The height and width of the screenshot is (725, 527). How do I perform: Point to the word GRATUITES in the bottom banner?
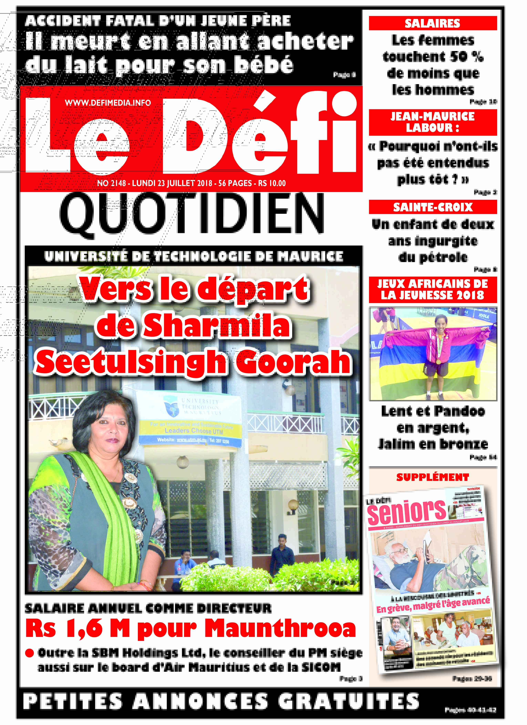[x=348, y=702]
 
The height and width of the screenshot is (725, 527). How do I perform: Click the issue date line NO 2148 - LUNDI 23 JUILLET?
[x=191, y=183]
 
